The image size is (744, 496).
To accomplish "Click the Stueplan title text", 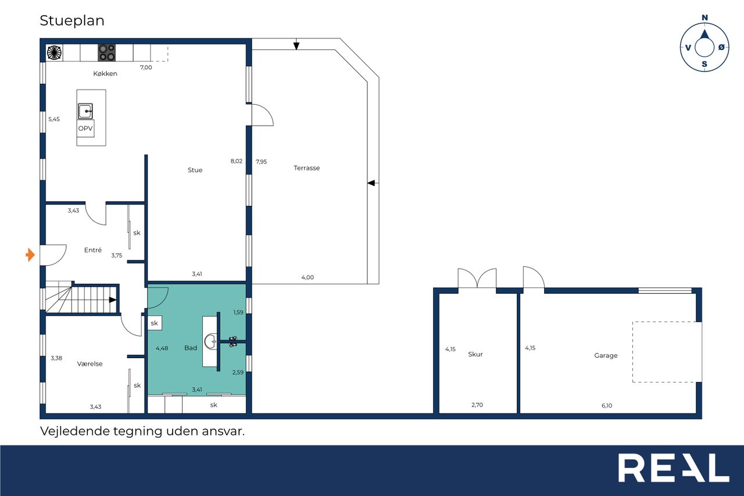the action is click(72, 21).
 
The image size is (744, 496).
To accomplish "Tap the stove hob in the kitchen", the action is click(106, 53).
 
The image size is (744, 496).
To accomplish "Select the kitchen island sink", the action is click(85, 111).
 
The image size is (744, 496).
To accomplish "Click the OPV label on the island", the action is click(85, 129).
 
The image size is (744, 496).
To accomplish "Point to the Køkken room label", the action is click(105, 73).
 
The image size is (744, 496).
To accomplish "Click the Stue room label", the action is click(195, 170).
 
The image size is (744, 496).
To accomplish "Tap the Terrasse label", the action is click(306, 168).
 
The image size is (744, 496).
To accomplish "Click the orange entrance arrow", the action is click(30, 255).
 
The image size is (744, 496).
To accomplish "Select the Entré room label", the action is click(93, 250).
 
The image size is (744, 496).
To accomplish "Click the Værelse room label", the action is click(90, 364).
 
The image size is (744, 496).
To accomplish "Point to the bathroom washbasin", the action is click(210, 341).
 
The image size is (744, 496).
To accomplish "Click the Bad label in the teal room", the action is click(191, 348).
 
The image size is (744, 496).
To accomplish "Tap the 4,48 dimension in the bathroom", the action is click(162, 348).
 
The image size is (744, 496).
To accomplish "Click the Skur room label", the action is click(475, 354).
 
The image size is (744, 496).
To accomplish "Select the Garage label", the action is click(606, 355).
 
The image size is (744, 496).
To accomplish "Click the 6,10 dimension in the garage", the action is click(607, 406).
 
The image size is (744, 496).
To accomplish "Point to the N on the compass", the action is click(704, 17).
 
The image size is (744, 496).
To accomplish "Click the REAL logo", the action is click(674, 468).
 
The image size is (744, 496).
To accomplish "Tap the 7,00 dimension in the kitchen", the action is click(146, 67).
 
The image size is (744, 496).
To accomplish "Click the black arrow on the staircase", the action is click(113, 299).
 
